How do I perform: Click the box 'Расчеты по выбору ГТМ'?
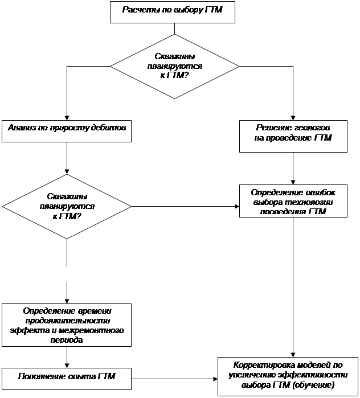point(171,12)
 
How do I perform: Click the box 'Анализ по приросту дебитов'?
point(67,130)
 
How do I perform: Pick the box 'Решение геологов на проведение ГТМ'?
point(293,136)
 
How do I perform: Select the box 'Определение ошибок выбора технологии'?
point(293,201)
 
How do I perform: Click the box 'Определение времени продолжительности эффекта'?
point(67,325)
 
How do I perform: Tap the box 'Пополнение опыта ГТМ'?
point(67,376)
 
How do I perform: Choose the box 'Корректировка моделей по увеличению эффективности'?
point(288,375)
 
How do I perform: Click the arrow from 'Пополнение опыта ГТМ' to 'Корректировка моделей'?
point(174,377)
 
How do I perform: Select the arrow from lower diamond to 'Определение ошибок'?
point(185,206)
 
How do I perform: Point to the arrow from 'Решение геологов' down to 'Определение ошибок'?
point(293,169)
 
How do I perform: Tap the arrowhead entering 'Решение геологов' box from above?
point(293,116)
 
